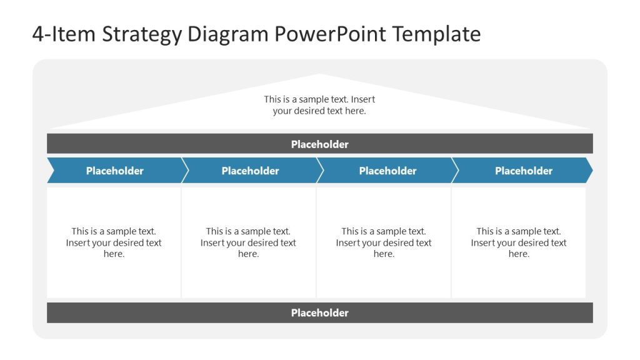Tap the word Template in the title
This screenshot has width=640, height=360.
point(437,34)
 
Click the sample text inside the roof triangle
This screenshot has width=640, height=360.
point(319,105)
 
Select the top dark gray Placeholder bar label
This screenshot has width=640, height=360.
point(319,144)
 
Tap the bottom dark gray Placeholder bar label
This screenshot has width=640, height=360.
point(319,313)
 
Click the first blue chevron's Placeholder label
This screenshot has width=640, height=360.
point(115,171)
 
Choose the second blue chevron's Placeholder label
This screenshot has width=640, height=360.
point(250,171)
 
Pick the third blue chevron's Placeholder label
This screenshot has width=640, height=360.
point(387,171)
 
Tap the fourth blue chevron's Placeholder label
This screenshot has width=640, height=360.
point(524,171)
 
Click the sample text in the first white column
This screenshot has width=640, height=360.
point(114,242)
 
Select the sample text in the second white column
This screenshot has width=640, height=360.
point(248,242)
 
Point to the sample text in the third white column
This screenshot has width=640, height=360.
point(384,242)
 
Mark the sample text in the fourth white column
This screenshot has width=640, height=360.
point(519,242)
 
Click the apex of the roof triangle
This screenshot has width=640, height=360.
point(320,75)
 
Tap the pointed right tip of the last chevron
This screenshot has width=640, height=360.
point(591,171)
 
